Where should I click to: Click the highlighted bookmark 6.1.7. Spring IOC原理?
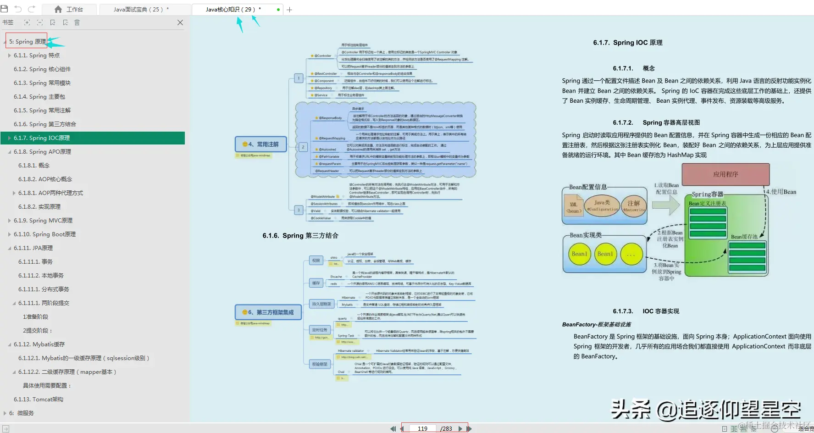coord(42,138)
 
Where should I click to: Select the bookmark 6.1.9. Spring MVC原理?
coord(43,221)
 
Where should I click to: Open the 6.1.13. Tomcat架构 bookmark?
coord(39,400)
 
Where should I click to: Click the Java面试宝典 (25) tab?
coord(141,9)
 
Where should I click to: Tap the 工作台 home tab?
coord(69,9)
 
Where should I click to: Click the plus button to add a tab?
coord(289,10)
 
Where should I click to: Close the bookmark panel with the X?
coord(180,22)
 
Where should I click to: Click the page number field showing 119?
coord(422,428)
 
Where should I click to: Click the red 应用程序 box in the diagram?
coord(725,174)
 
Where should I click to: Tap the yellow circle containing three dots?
coord(631,255)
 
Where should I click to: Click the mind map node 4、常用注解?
coord(260,144)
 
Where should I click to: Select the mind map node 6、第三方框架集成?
coord(268,312)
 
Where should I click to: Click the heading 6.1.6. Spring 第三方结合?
coord(300,236)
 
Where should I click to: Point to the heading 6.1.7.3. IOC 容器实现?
coord(646,311)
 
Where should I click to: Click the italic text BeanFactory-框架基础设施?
coord(596,325)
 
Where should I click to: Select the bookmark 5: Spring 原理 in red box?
coord(27,42)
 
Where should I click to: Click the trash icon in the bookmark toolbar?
coord(77,22)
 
